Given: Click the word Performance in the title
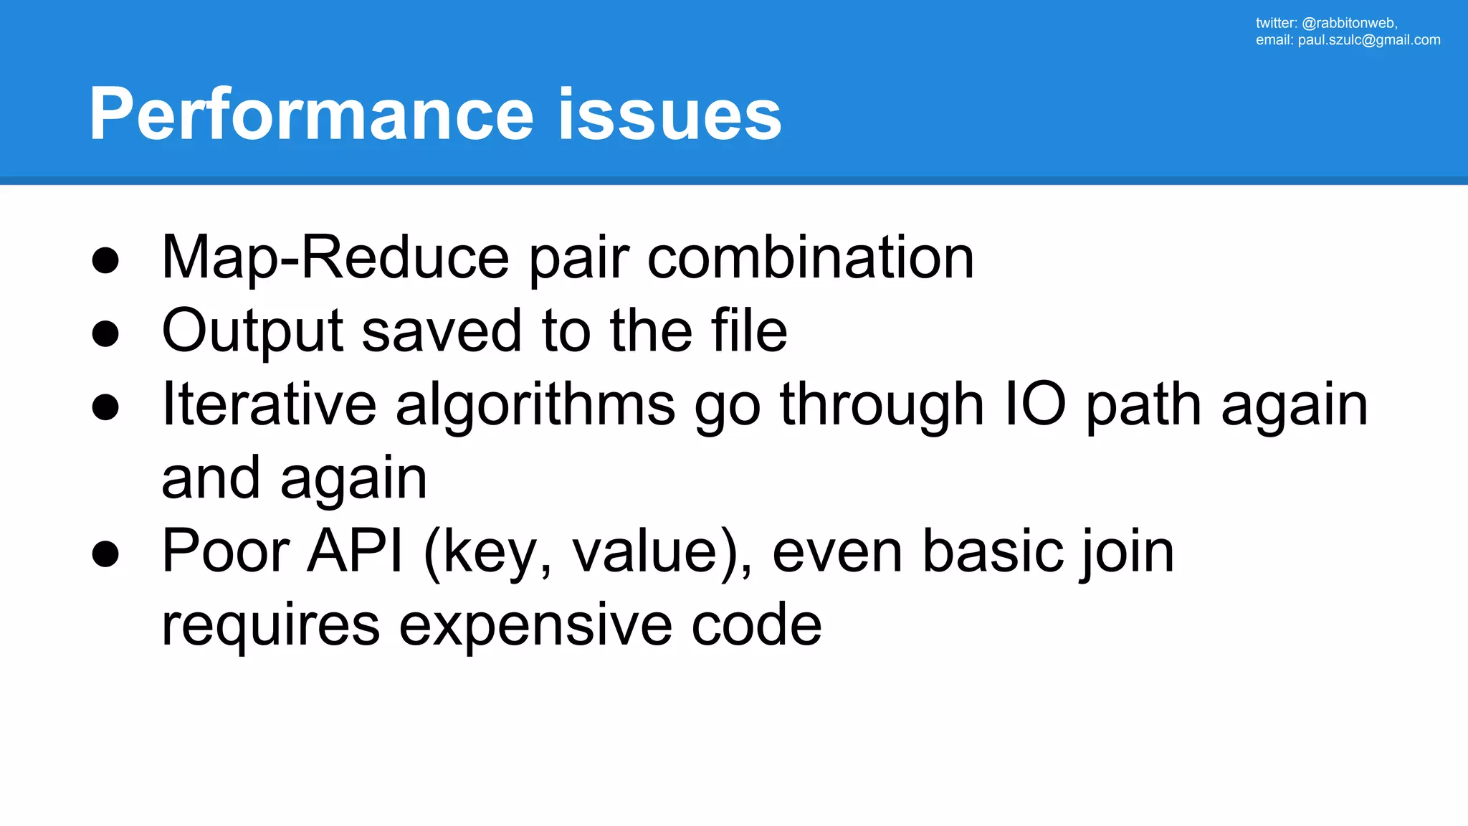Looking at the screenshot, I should tap(312, 115).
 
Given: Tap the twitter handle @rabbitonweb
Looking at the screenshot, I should tap(1348, 23).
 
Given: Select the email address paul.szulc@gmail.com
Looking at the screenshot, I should tap(1368, 40).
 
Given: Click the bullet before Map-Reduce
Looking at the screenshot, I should tap(105, 260).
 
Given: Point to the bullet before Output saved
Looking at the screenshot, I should tap(105, 333).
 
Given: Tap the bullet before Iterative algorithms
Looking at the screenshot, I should tap(105, 407).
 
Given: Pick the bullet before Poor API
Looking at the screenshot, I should tap(105, 554).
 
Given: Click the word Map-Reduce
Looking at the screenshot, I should tap(335, 258).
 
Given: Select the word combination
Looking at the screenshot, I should tap(810, 258).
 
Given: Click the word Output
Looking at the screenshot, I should tap(252, 332).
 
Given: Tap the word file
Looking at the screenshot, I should tap(749, 331).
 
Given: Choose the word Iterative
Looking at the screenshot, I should tap(269, 405).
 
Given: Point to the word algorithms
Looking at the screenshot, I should tap(535, 405).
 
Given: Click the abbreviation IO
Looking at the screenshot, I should tap(1035, 405).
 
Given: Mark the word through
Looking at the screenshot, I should tap(882, 405).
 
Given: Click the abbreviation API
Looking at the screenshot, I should tap(355, 551).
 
